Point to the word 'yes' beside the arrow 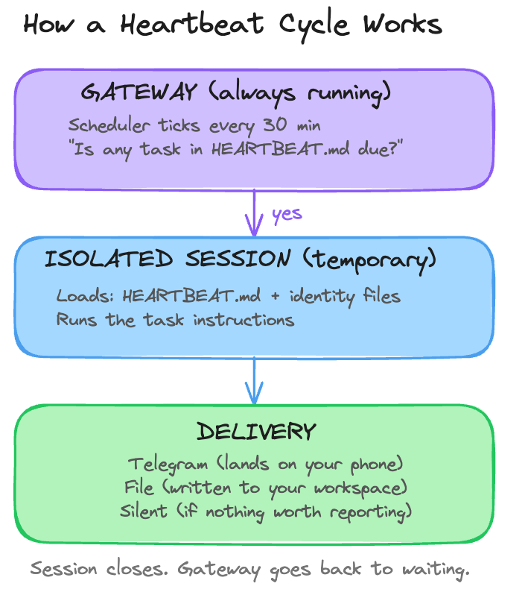287,214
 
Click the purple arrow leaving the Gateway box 255,213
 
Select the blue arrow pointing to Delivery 255,380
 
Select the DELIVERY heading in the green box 256,432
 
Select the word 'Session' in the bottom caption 63,568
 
